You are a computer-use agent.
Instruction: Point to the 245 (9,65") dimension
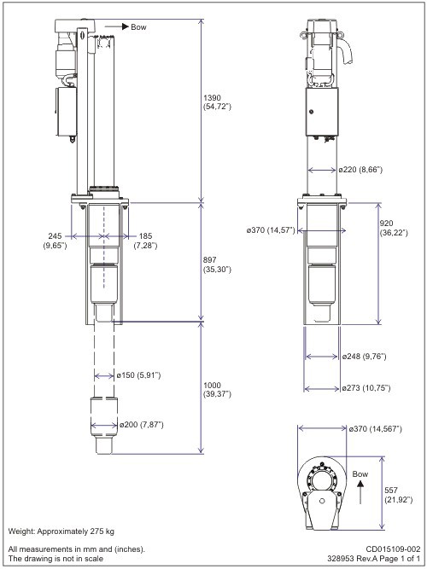click(56, 241)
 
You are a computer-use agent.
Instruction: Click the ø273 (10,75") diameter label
click(368, 388)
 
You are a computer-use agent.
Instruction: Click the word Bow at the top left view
click(137, 27)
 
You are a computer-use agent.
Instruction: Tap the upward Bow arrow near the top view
click(360, 487)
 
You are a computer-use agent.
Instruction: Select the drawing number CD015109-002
click(393, 549)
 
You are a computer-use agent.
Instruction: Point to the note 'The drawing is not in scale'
click(56, 559)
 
